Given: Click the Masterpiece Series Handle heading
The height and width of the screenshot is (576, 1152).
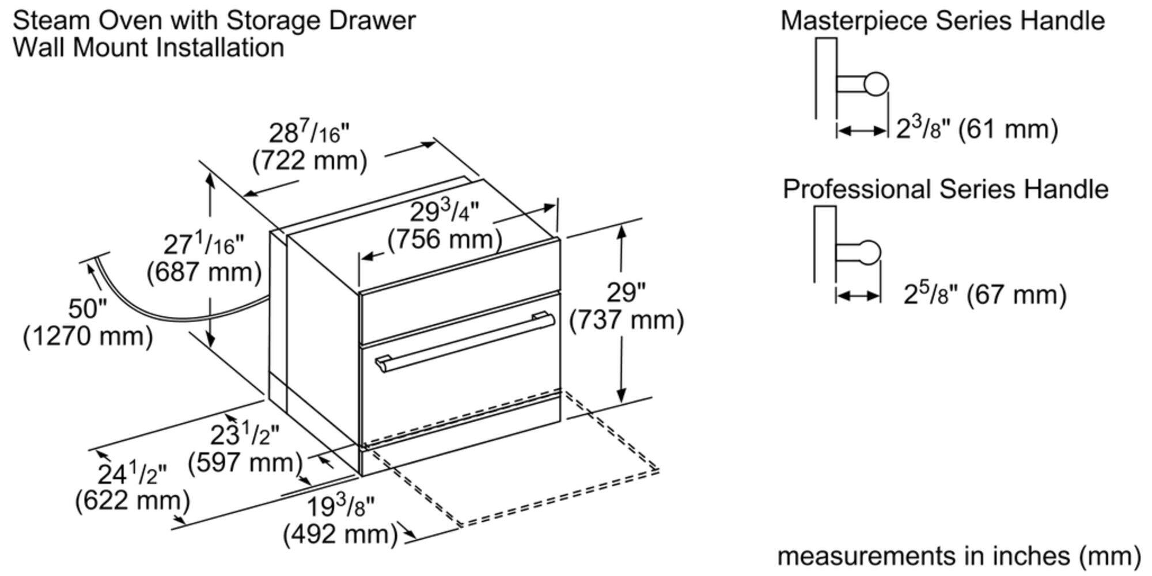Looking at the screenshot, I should pyautogui.click(x=942, y=21).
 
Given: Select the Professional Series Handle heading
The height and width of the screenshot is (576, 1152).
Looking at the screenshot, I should pyautogui.click(x=945, y=189).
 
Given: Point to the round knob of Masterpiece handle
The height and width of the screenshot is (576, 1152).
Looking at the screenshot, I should pyautogui.click(x=876, y=84).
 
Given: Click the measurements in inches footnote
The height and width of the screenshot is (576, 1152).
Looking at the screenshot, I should pyautogui.click(x=959, y=556).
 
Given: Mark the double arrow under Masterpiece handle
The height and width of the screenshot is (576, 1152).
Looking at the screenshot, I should pyautogui.click(x=862, y=131).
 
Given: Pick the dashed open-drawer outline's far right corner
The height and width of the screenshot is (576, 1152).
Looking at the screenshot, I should pyautogui.click(x=658, y=469).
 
